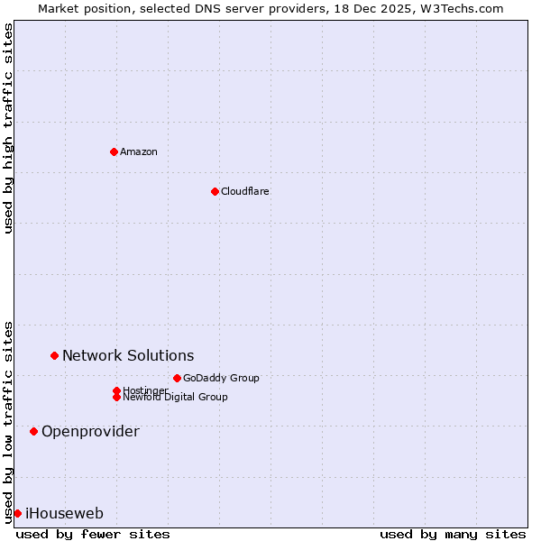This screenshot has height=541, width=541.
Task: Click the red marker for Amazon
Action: (x=114, y=151)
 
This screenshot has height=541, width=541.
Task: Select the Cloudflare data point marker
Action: (x=215, y=191)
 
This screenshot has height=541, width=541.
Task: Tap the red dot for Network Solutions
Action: (x=54, y=356)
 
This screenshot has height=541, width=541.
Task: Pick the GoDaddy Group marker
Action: (x=177, y=378)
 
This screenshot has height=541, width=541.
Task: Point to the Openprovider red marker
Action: (x=33, y=431)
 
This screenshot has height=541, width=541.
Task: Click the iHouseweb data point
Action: (x=17, y=513)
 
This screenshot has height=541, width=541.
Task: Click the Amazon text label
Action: (x=139, y=151)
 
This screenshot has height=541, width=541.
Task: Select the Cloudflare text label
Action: (x=245, y=191)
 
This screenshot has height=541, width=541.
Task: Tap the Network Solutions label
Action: (x=128, y=356)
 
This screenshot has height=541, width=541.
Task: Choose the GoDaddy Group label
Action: (x=221, y=378)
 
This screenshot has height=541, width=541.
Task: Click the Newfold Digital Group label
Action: (x=175, y=397)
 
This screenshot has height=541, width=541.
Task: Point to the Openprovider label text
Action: (x=90, y=431)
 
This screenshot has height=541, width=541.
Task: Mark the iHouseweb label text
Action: (x=64, y=514)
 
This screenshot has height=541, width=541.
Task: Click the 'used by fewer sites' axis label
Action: (x=93, y=534)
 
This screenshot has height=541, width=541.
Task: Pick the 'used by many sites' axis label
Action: (x=453, y=534)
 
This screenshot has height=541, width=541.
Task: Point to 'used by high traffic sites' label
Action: (x=8, y=128)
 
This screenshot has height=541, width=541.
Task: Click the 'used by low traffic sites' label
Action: (x=8, y=421)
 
